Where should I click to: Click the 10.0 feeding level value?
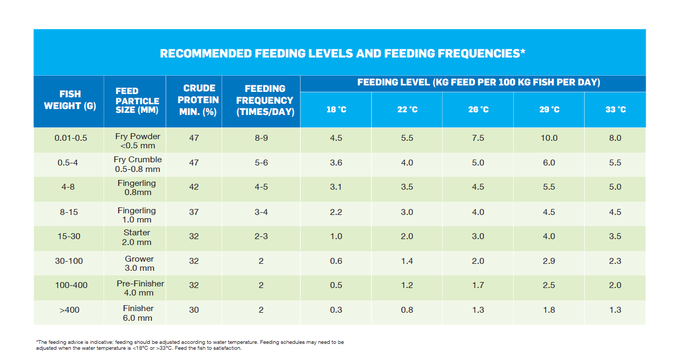(x=549, y=138)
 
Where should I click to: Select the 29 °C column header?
(x=549, y=110)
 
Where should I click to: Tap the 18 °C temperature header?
(x=336, y=110)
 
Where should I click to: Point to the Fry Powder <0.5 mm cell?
(x=137, y=141)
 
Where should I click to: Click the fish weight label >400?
(x=70, y=310)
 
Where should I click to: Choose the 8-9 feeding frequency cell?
(x=261, y=138)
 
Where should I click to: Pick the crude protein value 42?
(x=194, y=187)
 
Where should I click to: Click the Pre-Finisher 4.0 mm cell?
(x=140, y=288)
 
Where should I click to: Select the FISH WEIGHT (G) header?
(x=70, y=100)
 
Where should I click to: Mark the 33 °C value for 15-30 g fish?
(x=615, y=236)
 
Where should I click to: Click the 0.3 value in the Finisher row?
(x=336, y=310)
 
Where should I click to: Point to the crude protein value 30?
(x=194, y=310)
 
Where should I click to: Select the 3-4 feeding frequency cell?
(x=261, y=212)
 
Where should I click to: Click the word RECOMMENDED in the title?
(x=206, y=54)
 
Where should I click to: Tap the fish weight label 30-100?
(x=70, y=261)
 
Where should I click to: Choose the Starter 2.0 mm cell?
(x=137, y=237)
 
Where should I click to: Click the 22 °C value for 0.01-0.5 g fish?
(x=407, y=138)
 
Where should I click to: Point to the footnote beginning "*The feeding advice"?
(x=190, y=345)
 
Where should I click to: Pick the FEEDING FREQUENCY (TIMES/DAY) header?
(x=265, y=100)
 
